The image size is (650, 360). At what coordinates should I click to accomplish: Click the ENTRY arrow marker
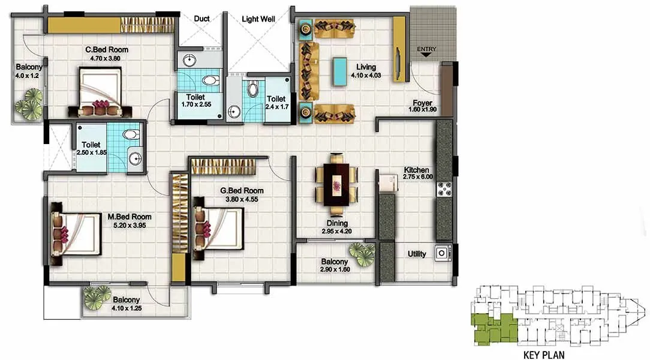(x=426, y=54)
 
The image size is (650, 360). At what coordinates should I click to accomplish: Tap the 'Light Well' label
(x=258, y=19)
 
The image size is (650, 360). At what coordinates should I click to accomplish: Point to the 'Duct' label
(x=202, y=19)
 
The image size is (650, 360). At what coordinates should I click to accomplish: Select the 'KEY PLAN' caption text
(x=544, y=354)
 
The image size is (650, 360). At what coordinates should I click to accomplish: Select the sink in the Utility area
(x=443, y=253)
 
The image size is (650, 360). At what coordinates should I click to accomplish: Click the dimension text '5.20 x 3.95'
(x=130, y=226)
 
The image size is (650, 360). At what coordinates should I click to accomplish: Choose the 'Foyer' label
(x=423, y=103)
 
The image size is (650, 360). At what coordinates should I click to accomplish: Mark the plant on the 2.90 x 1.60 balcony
(x=362, y=252)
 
